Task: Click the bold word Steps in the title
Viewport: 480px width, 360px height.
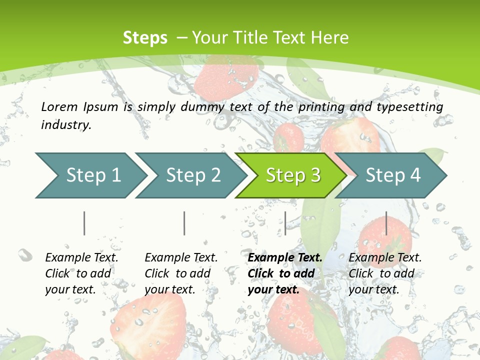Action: [145, 38]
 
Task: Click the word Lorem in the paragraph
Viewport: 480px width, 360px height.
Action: [59, 106]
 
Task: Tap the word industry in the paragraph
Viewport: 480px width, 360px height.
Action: [66, 124]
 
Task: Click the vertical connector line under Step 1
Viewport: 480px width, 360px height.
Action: [84, 223]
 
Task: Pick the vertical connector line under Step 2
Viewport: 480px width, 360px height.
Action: [184, 223]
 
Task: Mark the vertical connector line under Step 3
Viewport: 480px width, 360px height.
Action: [285, 223]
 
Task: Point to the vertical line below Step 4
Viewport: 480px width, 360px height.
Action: [386, 223]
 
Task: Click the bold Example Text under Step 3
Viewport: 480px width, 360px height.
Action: [285, 258]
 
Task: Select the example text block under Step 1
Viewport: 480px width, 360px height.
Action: [81, 273]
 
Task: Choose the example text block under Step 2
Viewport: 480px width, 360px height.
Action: [181, 273]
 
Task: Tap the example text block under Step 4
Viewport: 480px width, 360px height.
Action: [385, 273]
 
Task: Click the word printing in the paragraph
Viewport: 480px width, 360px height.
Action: [321, 106]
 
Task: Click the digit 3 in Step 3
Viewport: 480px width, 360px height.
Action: [315, 175]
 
